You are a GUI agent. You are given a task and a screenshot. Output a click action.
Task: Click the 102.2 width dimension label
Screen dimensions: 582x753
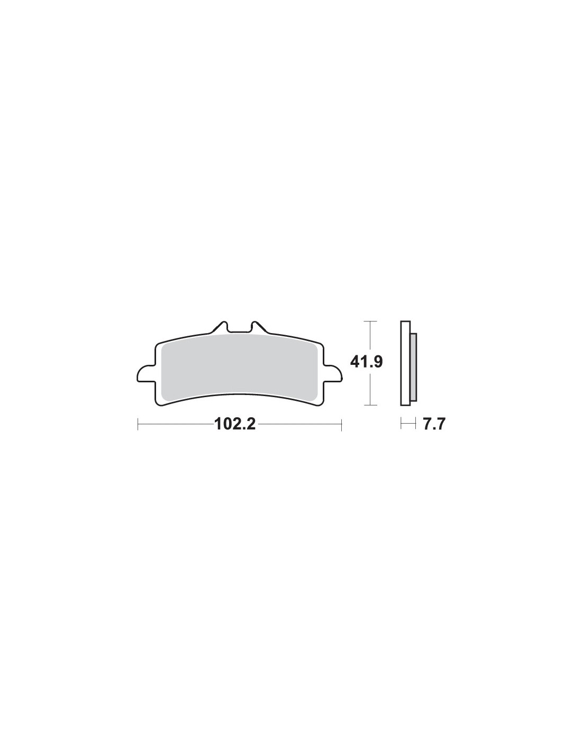[x=235, y=424]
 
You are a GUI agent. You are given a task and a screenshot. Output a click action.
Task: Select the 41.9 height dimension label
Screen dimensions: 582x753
[x=366, y=362]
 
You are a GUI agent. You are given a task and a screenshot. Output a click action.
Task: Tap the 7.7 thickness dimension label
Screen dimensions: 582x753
[x=433, y=424]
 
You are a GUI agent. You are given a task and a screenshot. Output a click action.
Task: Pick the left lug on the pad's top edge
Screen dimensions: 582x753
[x=220, y=327]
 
